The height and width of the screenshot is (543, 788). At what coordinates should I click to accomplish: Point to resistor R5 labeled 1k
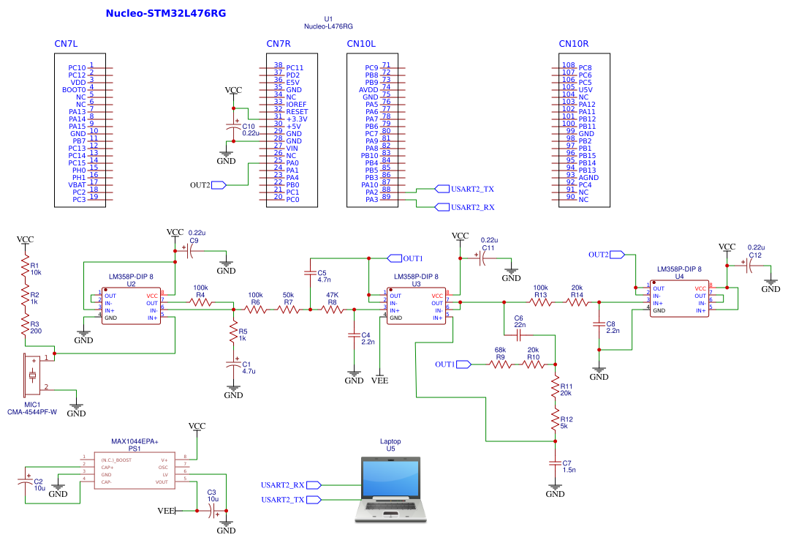[x=234, y=334]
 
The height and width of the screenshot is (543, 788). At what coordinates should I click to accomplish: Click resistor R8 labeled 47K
[x=333, y=310]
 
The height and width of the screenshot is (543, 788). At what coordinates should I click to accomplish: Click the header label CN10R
[x=574, y=44]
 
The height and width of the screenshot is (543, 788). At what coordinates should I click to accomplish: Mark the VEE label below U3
[x=380, y=381]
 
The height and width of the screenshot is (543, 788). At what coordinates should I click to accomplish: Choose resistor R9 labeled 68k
[x=500, y=364]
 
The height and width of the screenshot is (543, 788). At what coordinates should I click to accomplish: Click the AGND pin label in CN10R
[x=588, y=178]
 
